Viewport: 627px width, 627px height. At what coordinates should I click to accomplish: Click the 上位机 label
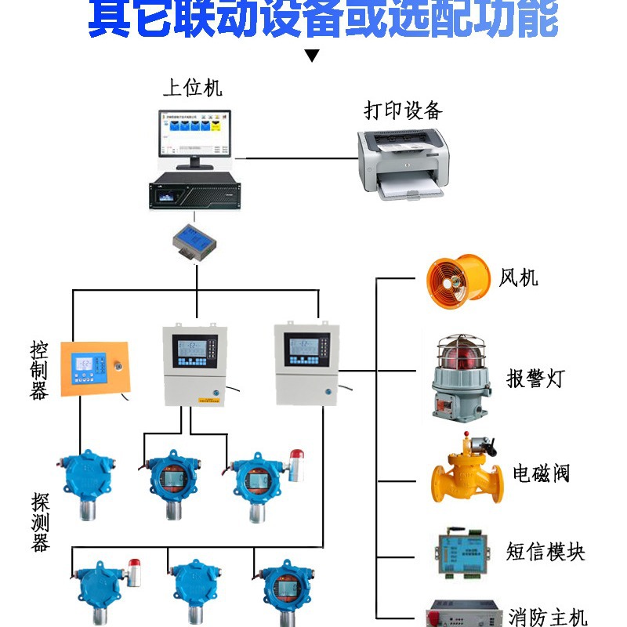[x=192, y=87]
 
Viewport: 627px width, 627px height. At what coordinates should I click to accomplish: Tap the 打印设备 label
[x=404, y=111]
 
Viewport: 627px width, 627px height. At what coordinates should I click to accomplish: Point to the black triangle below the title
[x=312, y=56]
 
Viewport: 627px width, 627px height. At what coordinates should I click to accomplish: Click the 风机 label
[x=519, y=278]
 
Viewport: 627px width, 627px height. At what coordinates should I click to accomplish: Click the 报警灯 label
[x=535, y=379]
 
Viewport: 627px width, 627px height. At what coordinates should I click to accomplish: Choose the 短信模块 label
[x=545, y=552]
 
